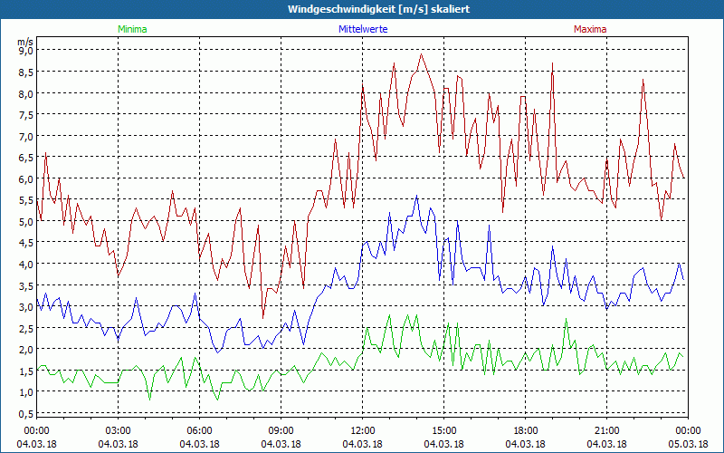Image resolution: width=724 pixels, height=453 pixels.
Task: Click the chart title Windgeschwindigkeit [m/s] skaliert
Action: click(379, 9)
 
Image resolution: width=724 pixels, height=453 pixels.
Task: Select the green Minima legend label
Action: click(131, 30)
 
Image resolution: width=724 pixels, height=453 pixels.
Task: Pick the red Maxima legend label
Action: click(590, 30)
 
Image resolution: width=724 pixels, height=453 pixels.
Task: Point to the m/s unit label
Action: click(25, 42)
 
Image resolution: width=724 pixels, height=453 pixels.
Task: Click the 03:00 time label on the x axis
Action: click(119, 430)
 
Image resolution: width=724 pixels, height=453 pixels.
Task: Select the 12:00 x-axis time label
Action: click(362, 430)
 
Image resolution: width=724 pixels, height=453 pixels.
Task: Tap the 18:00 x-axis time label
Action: click(525, 430)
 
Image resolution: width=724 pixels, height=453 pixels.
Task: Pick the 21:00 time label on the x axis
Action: click(606, 430)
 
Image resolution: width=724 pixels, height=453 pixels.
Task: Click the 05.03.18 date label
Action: click(688, 444)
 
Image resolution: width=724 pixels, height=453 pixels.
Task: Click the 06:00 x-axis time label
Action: click(200, 430)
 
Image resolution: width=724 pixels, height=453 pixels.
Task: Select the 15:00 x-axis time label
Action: click(443, 430)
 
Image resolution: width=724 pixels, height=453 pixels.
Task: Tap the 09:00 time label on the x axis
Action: click(281, 430)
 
